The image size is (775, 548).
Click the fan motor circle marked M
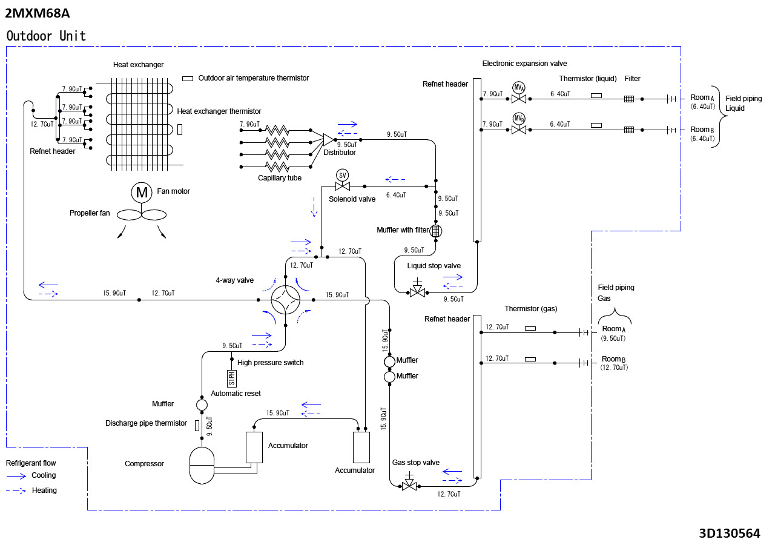pyautogui.click(x=142, y=193)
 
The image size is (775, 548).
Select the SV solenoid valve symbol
pyautogui.click(x=342, y=176)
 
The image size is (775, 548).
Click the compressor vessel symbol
pyautogui.click(x=202, y=465)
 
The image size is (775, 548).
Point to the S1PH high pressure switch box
pyautogui.click(x=231, y=378)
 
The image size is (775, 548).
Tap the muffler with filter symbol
pyautogui.click(x=436, y=230)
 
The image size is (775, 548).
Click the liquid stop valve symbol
pyautogui.click(x=417, y=289)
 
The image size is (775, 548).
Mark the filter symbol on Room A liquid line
pyautogui.click(x=629, y=99)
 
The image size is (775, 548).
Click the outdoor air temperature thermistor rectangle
pyautogui.click(x=188, y=78)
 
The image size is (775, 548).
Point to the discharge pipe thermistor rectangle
pyautogui.click(x=197, y=425)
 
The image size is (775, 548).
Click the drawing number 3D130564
pyautogui.click(x=729, y=533)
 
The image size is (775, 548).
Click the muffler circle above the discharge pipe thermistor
pyautogui.click(x=202, y=404)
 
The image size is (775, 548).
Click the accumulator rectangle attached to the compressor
pyautogui.click(x=254, y=447)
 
